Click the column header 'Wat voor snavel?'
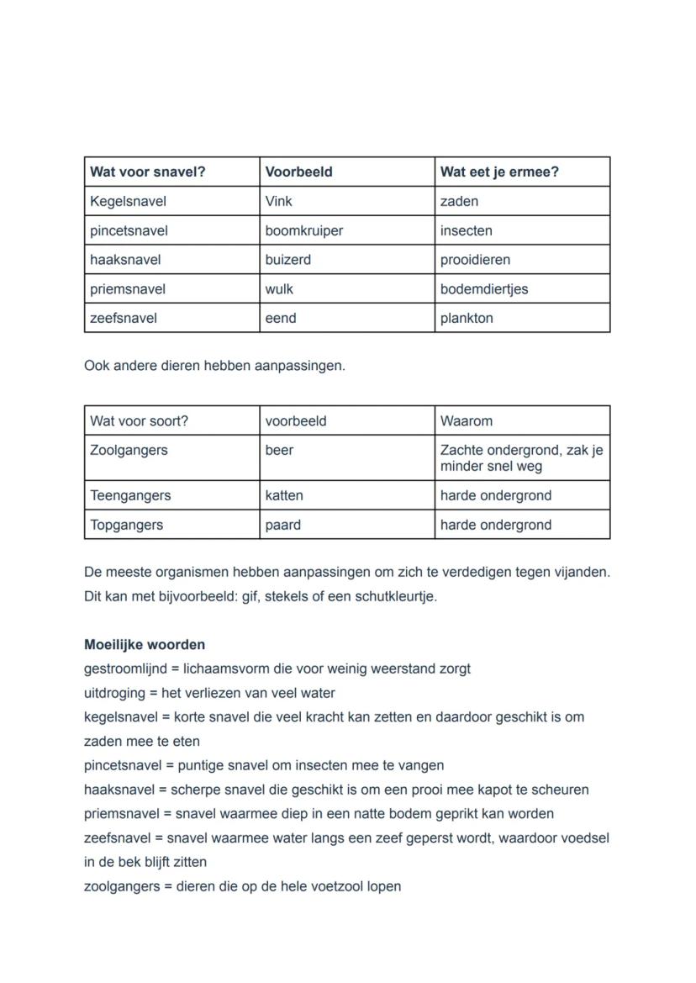[148, 172]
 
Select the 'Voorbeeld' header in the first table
[298, 172]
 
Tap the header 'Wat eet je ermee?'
[499, 172]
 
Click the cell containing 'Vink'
[279, 201]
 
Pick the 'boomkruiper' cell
[304, 230]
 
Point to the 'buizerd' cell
[287, 260]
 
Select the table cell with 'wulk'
[279, 289]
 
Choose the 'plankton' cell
[467, 319]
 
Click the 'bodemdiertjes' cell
[484, 289]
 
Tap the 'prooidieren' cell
[475, 260]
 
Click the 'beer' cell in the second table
[279, 451]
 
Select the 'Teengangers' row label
[130, 496]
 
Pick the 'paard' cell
[282, 526]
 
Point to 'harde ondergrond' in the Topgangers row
[496, 526]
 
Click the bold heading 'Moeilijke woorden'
[145, 645]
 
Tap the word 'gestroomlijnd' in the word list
[125, 669]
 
